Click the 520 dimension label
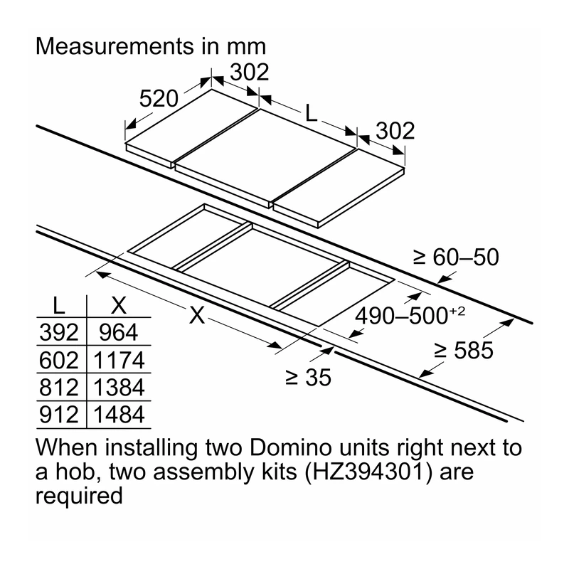tap(159, 98)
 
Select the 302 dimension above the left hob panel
tap(250, 72)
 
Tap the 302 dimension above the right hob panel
tap(395, 131)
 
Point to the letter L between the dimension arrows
tap(312, 113)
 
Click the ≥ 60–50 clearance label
tap(456, 257)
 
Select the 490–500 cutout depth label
tap(410, 315)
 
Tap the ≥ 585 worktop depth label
tap(464, 350)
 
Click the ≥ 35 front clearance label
tap(308, 377)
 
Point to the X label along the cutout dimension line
tap(197, 314)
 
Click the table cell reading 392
tap(59, 332)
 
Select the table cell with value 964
tap(118, 332)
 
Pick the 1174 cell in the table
tap(119, 360)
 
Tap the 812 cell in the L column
tap(59, 387)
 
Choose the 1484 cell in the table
tap(119, 415)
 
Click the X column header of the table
tap(119, 306)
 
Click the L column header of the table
tap(58, 306)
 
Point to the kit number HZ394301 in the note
tap(368, 472)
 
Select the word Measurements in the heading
tap(115, 46)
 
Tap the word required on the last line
tap(79, 496)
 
